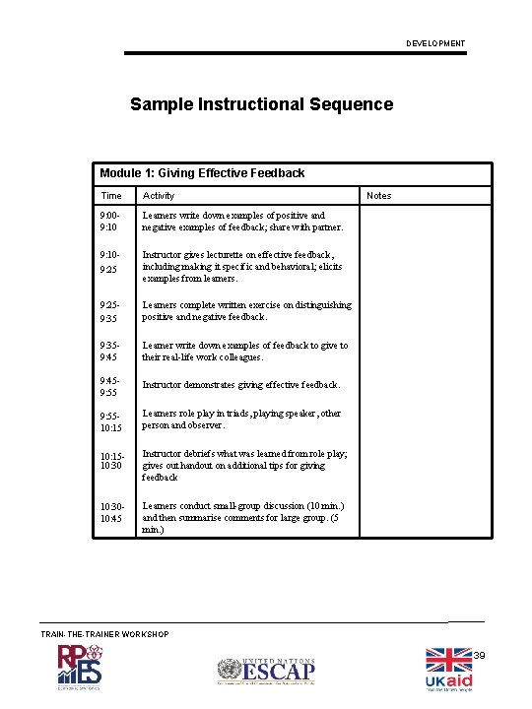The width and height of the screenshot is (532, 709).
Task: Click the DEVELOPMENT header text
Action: click(435, 43)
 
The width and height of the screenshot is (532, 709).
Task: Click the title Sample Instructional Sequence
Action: click(261, 104)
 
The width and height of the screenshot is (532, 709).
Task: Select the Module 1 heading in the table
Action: click(203, 173)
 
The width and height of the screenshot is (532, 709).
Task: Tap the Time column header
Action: click(111, 196)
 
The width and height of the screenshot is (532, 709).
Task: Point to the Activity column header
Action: click(159, 196)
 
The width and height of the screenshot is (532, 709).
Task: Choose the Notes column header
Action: click(378, 196)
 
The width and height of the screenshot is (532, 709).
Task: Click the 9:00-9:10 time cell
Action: click(110, 222)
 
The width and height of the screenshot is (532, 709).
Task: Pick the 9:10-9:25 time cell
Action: click(110, 261)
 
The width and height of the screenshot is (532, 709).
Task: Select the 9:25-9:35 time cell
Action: click(110, 311)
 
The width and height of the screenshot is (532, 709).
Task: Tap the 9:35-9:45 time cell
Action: click(110, 352)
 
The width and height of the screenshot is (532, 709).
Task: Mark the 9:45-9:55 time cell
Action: click(110, 385)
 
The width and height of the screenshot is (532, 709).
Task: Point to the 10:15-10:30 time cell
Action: click(111, 460)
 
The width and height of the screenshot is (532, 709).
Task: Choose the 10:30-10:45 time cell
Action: click(111, 512)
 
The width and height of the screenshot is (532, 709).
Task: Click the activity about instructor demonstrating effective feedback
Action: click(241, 385)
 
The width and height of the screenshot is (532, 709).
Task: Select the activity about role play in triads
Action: click(241, 419)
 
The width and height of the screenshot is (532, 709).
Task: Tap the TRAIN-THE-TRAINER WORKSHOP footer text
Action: click(104, 634)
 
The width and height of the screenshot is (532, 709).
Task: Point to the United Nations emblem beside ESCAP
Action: click(230, 672)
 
